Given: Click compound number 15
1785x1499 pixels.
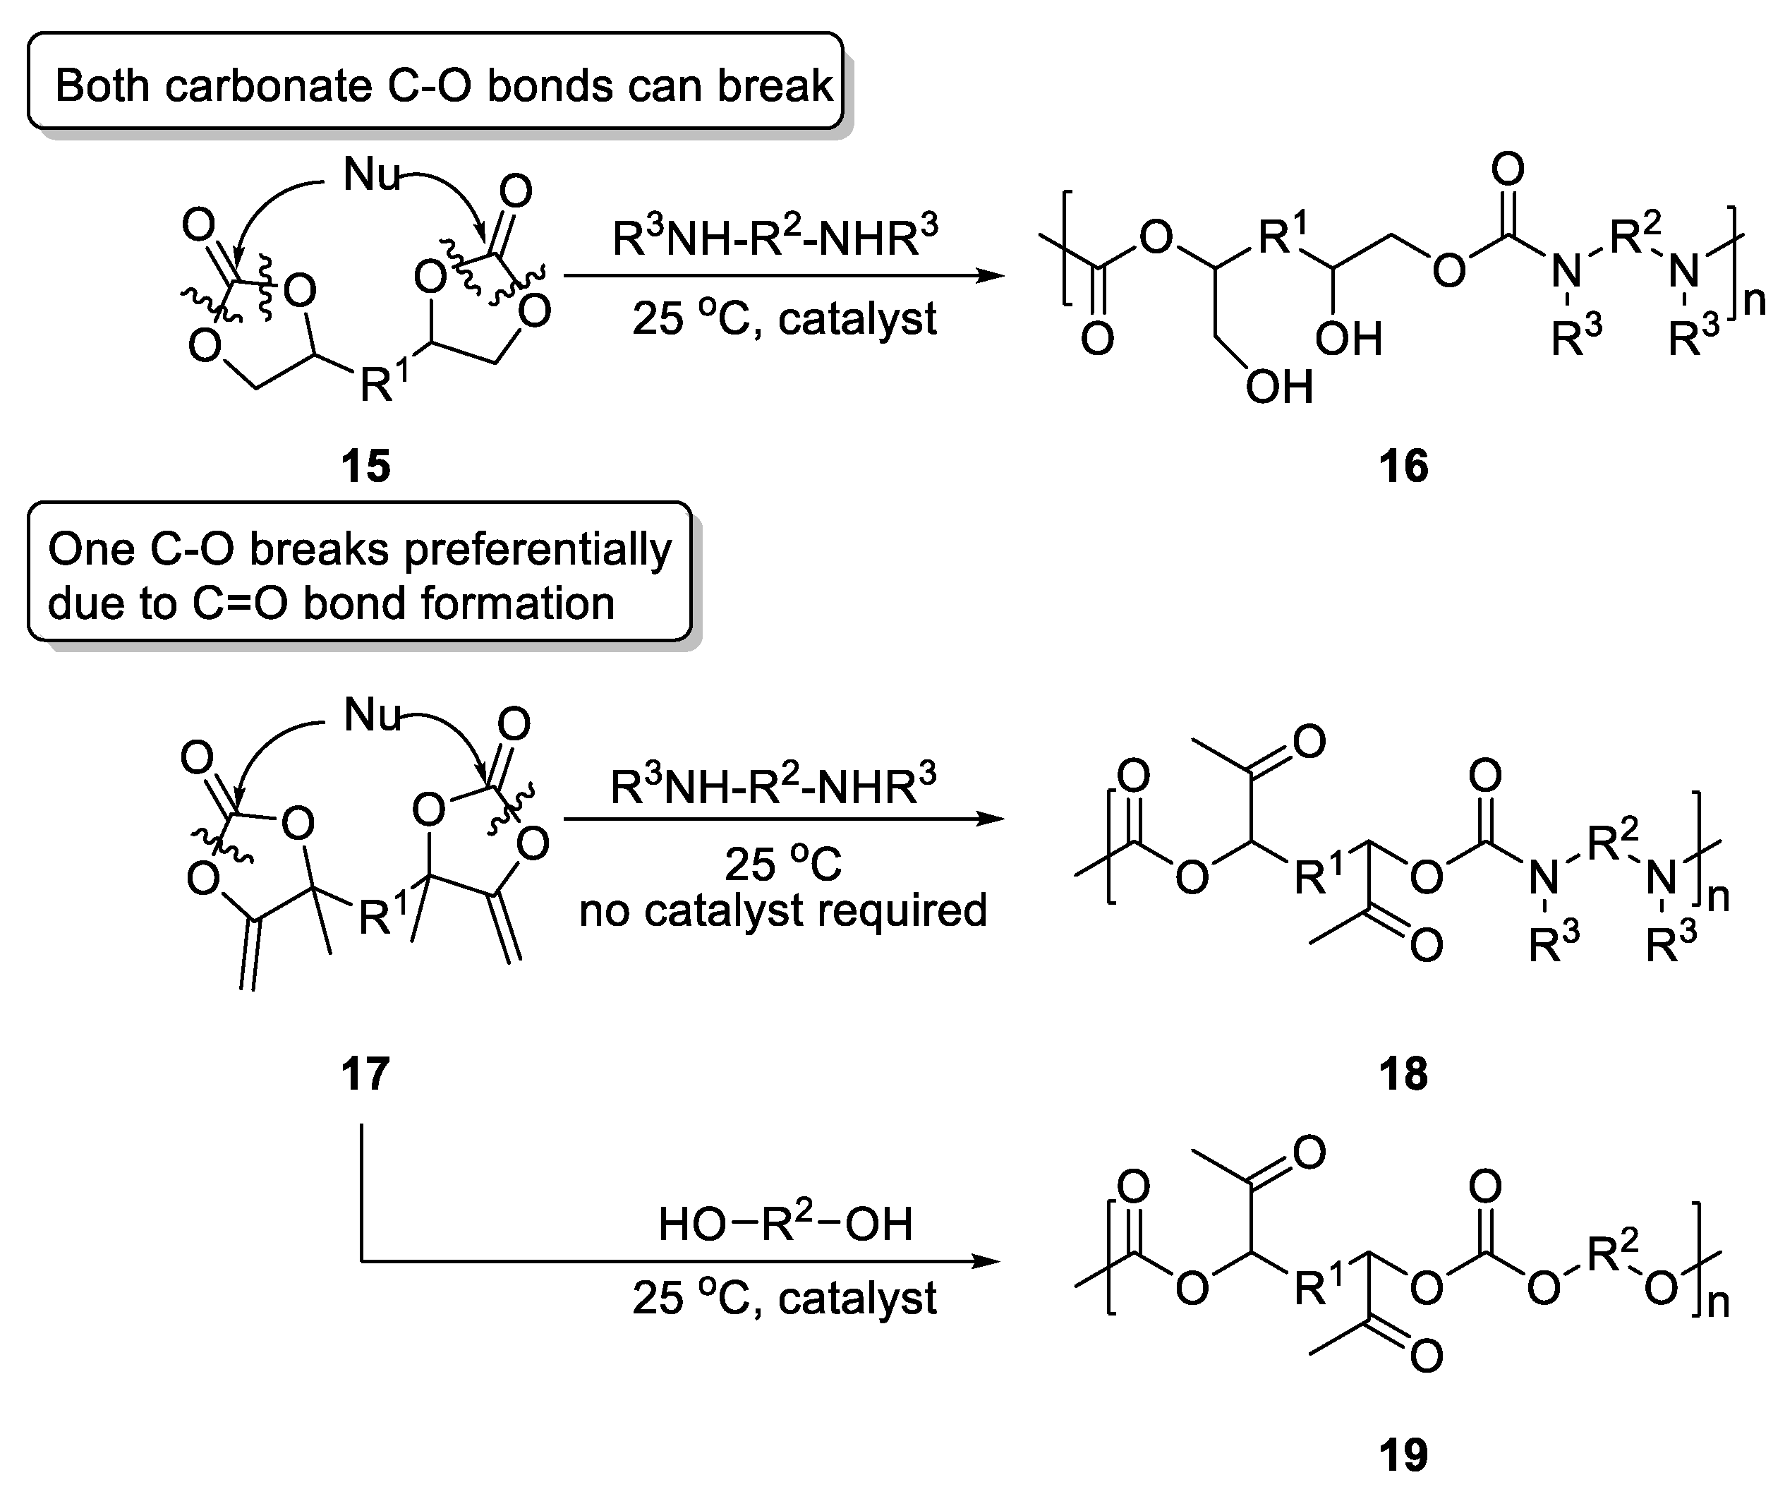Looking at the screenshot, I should tap(365, 466).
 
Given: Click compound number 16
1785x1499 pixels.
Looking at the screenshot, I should tap(1403, 466).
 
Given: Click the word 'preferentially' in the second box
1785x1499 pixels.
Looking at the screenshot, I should tap(537, 549).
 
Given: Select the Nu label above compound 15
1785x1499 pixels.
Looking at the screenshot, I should tap(370, 175).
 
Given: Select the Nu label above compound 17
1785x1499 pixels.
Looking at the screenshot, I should tap(371, 714).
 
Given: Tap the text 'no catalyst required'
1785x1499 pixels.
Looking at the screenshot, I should tap(783, 910).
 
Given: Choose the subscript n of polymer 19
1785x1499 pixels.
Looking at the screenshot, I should tap(1718, 1303).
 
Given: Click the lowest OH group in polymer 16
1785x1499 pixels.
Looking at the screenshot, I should tap(1279, 387).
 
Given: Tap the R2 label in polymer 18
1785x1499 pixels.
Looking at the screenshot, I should tap(1611, 842).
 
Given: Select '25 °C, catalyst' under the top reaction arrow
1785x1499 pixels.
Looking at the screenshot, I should tap(784, 320).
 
